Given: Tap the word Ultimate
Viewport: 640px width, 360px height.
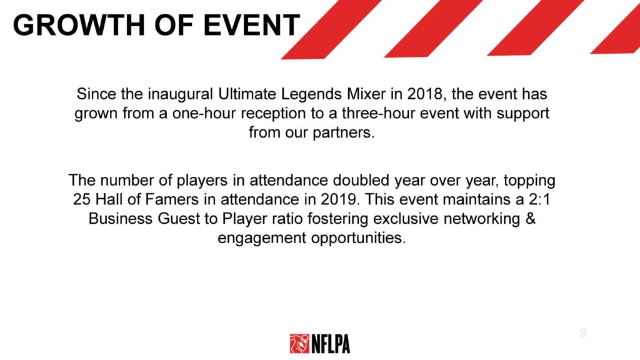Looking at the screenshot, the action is [246, 94].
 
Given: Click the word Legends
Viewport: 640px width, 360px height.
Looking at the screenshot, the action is [311, 95].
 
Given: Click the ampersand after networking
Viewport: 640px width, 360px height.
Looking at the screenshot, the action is [530, 219].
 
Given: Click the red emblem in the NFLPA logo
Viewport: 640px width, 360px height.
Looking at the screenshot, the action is [299, 343].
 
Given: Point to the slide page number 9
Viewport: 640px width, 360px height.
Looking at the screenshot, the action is [583, 332].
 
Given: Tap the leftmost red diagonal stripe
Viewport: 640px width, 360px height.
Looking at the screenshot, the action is [331, 29].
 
